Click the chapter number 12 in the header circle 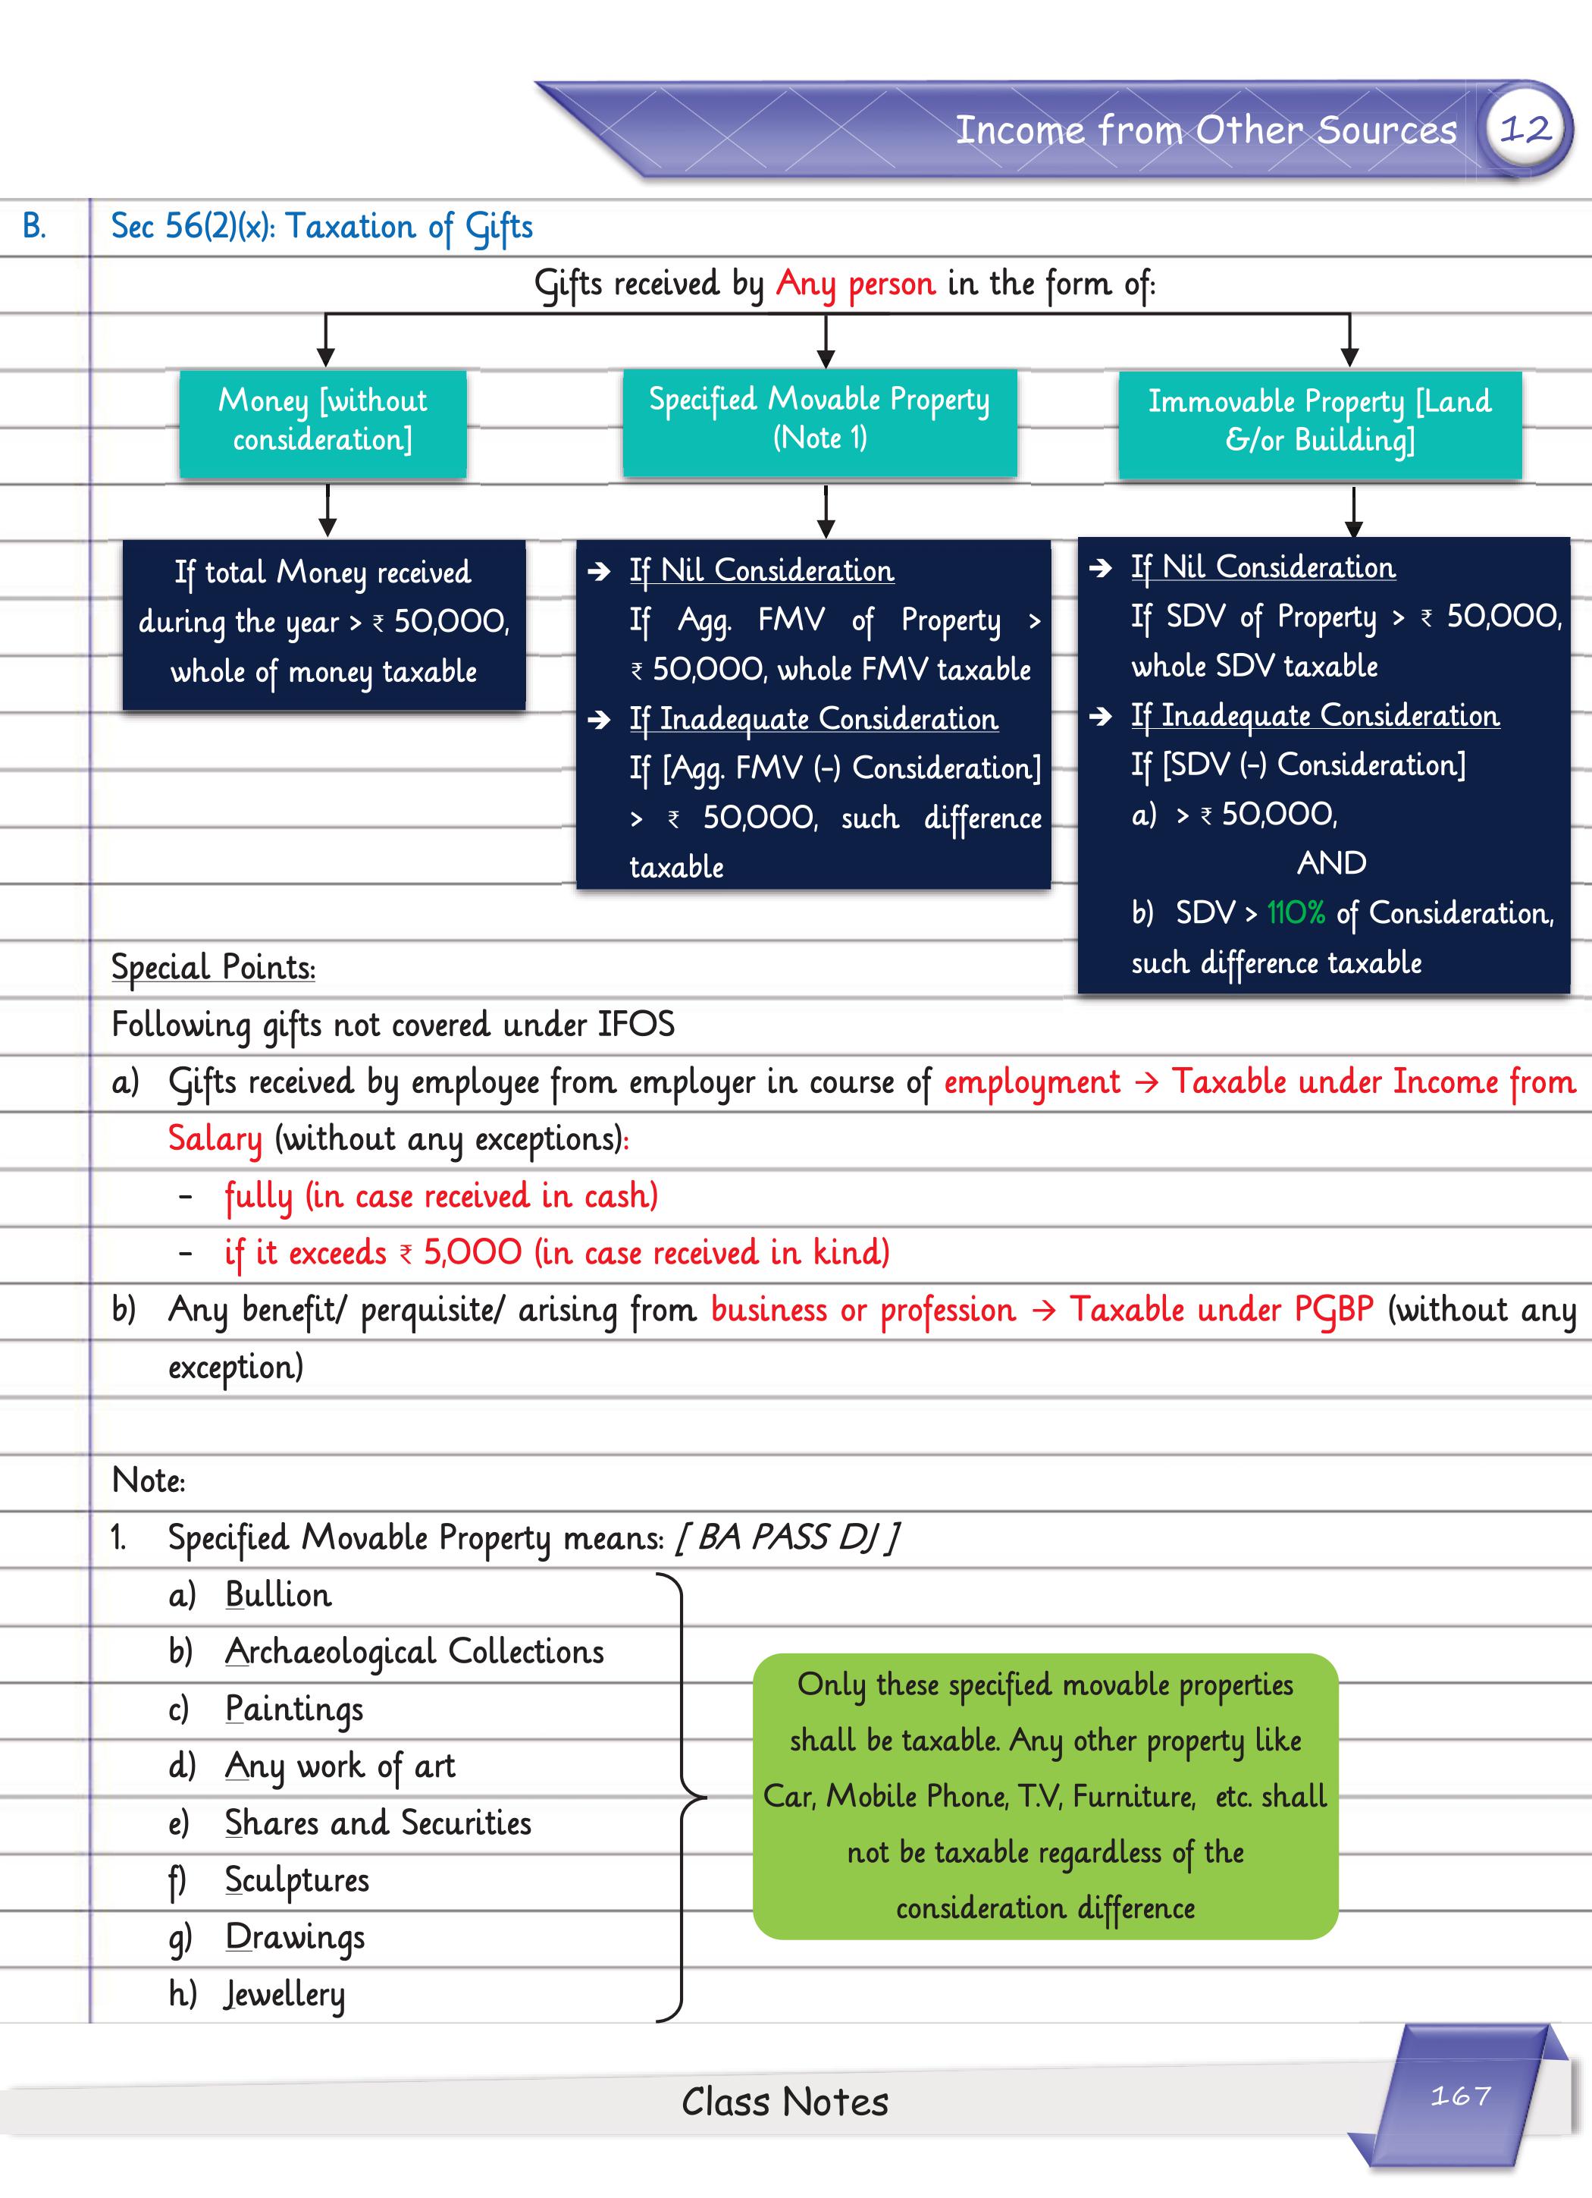pyautogui.click(x=1525, y=129)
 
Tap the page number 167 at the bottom pyautogui.click(x=1460, y=2096)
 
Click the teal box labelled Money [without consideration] pyautogui.click(x=323, y=422)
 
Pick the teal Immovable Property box pyautogui.click(x=1320, y=422)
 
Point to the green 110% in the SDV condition pyautogui.click(x=1296, y=913)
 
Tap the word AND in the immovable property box pyautogui.click(x=1331, y=862)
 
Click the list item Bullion pyautogui.click(x=278, y=1594)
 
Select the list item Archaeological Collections pyautogui.click(x=414, y=1651)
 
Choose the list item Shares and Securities pyautogui.click(x=378, y=1823)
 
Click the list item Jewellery pyautogui.click(x=285, y=1995)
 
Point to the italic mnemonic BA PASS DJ pyautogui.click(x=787, y=1537)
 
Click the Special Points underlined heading pyautogui.click(x=213, y=967)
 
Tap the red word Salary pyautogui.click(x=214, y=1138)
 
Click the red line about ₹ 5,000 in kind pyautogui.click(x=556, y=1252)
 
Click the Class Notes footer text pyautogui.click(x=784, y=2101)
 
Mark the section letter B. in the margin pyautogui.click(x=34, y=227)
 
